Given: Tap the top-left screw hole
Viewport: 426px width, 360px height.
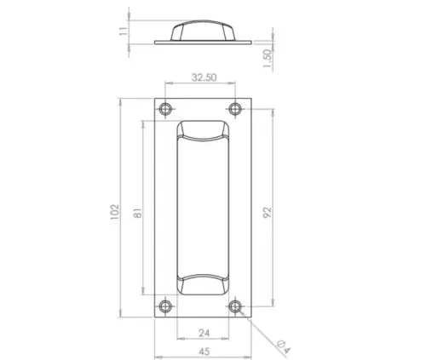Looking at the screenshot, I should (164, 109).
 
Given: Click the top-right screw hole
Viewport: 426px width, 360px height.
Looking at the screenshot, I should (236, 109).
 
